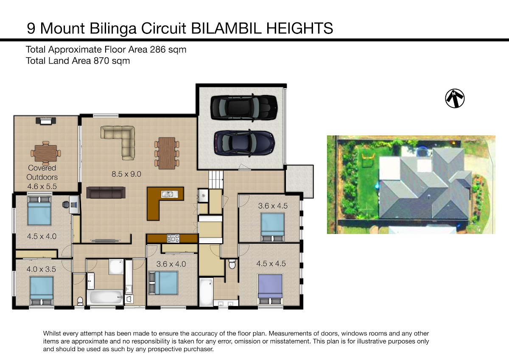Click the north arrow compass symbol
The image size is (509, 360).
pyautogui.click(x=455, y=98)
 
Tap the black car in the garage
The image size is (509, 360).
pyautogui.click(x=244, y=107)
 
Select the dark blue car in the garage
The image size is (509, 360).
pyautogui.click(x=244, y=143)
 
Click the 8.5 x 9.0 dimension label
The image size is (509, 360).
pyautogui.click(x=126, y=174)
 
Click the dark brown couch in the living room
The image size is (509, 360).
pyautogui.click(x=106, y=193)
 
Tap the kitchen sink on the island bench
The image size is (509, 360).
pyautogui.click(x=169, y=194)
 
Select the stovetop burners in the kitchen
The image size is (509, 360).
pyautogui.click(x=173, y=239)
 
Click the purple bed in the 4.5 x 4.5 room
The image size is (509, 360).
pyautogui.click(x=270, y=289)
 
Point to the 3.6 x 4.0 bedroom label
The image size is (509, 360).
pyautogui.click(x=171, y=264)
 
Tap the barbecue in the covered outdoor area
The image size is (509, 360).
pyautogui.click(x=46, y=121)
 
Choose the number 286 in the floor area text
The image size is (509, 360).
pyautogui.click(x=158, y=50)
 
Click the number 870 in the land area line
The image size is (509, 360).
pyautogui.click(x=101, y=61)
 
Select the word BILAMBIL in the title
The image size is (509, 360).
pyautogui.click(x=227, y=28)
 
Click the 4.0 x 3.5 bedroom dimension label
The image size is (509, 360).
pyautogui.click(x=41, y=269)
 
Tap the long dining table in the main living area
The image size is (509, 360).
pyautogui.click(x=167, y=153)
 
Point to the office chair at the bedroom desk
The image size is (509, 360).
pyautogui.click(x=66, y=204)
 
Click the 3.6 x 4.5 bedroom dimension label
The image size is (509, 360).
pyautogui.click(x=273, y=206)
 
